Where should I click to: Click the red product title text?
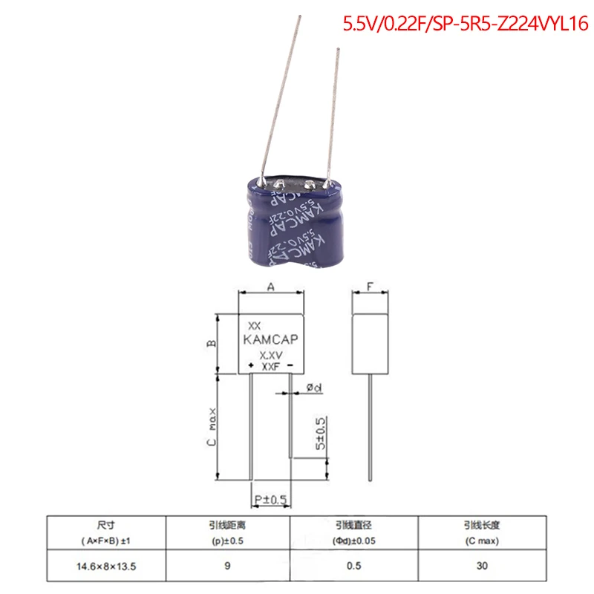(464, 24)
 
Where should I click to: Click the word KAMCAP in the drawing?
(271, 341)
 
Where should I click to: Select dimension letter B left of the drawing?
(211, 343)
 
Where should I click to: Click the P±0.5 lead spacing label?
(270, 500)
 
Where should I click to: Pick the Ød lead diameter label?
(313, 388)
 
